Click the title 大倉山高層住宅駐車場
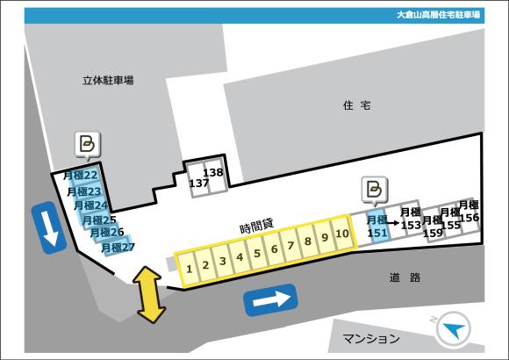(x=438, y=15)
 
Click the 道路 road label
(x=405, y=277)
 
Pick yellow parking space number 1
(x=187, y=267)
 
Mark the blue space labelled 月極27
(x=118, y=248)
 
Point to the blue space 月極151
(x=377, y=226)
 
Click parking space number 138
(x=213, y=174)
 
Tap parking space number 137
(x=198, y=184)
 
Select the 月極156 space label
(x=469, y=212)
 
